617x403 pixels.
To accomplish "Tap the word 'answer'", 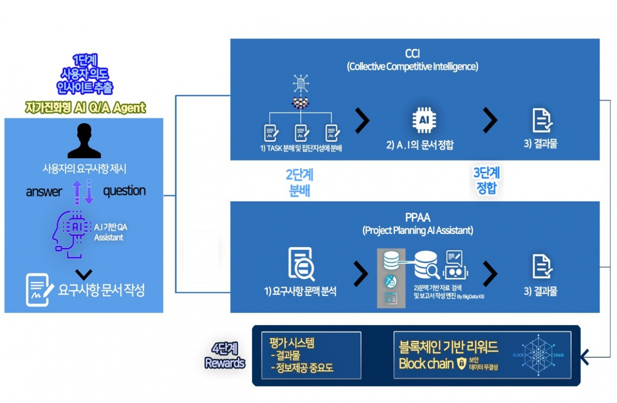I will click(x=44, y=192).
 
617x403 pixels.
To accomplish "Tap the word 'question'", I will click(x=124, y=191).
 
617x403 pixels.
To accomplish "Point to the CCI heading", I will click(x=412, y=53).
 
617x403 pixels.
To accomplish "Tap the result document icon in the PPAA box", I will click(x=542, y=267).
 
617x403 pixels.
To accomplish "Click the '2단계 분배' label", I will click(x=299, y=181).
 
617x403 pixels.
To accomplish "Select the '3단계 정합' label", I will click(x=486, y=179).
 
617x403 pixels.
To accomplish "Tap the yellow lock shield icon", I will click(x=461, y=364).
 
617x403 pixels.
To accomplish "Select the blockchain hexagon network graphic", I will click(x=537, y=355).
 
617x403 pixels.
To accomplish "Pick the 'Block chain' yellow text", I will click(x=426, y=364).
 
